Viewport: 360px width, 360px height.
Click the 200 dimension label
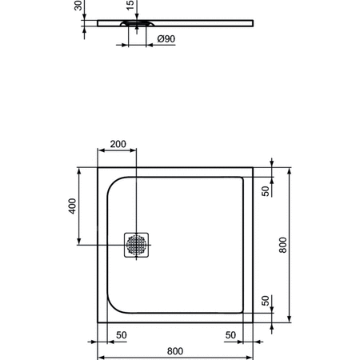point(118,144)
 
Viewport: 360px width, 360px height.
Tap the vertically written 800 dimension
point(282,244)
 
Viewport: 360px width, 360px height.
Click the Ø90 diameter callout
point(166,39)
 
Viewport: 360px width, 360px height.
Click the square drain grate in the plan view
point(135,244)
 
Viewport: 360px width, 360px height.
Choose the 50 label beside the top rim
point(267,190)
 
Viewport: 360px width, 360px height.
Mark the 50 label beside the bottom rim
point(267,302)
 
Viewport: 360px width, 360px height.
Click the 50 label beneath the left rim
point(122,334)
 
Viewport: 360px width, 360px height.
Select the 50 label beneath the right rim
point(230,334)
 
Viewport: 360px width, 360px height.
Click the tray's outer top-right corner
point(253,168)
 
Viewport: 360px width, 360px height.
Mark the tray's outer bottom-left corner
point(98,322)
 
